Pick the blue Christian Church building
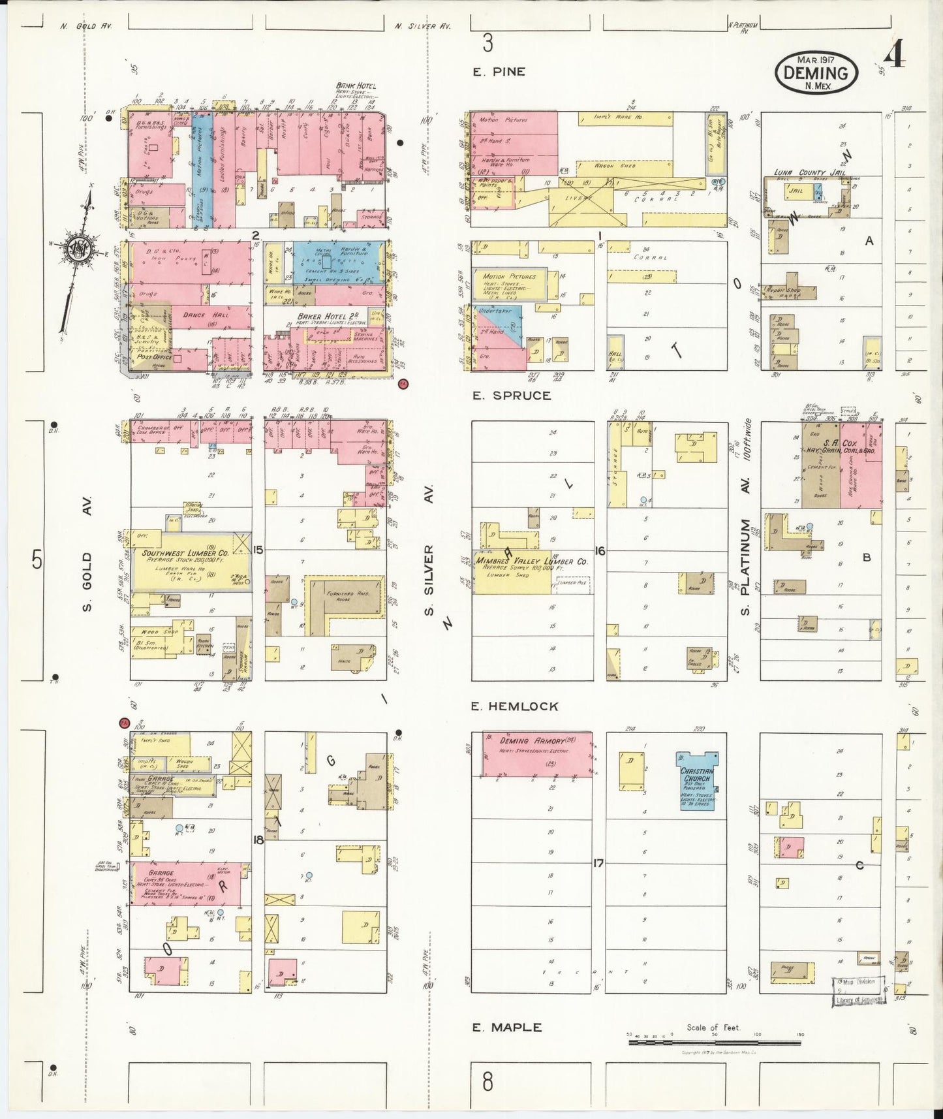(698, 780)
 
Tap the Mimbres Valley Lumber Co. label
(532, 561)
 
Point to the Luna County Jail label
(809, 173)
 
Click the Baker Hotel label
(318, 317)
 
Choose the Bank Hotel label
(355, 86)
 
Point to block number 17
(598, 863)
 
